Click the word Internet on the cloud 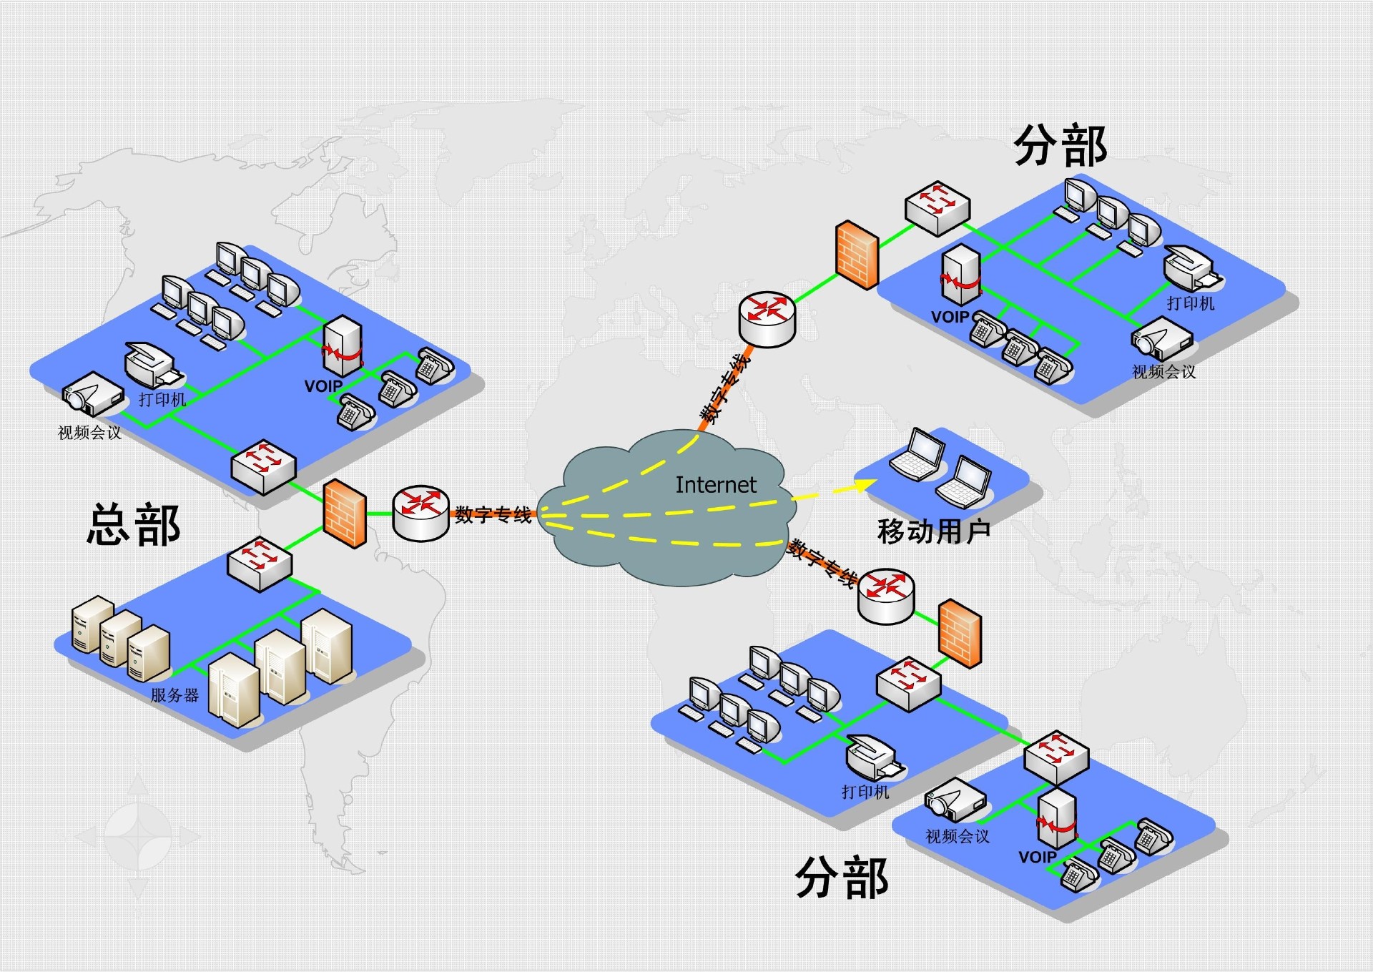click(715, 485)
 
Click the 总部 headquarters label click(134, 525)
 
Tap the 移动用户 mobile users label click(933, 531)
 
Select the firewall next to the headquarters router click(345, 514)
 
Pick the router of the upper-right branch click(767, 318)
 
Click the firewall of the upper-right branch click(857, 255)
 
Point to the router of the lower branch click(886, 596)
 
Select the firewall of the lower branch click(960, 634)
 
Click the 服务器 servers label click(174, 694)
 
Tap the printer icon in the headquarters click(153, 365)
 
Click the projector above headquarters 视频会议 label click(92, 394)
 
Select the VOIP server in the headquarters click(343, 346)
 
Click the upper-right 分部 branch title click(1060, 146)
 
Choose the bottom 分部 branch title click(842, 878)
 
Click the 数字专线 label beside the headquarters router click(493, 514)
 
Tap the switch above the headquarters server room click(260, 563)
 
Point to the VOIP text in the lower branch click(1037, 856)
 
